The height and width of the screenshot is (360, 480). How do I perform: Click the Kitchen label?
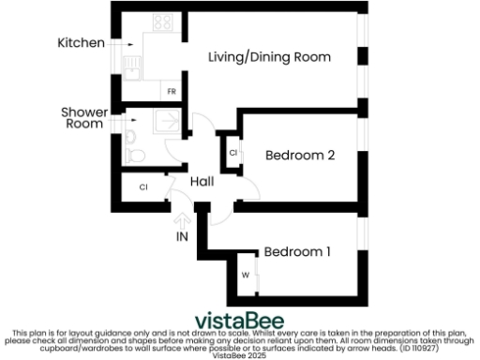coord(81,43)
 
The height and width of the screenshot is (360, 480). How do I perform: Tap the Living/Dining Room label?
coord(268,57)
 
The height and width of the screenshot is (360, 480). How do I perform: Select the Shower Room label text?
coord(84,117)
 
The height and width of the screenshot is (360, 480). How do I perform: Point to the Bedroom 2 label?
coord(300,156)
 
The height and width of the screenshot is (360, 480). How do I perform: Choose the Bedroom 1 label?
coord(297,251)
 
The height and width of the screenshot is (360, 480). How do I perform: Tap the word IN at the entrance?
coord(183,236)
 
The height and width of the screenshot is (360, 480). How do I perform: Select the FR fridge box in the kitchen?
coord(172,92)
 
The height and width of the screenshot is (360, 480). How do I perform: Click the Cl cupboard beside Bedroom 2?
coord(232,152)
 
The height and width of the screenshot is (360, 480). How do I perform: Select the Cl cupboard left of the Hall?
coord(143,187)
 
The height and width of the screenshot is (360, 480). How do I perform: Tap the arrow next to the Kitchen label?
coord(121,43)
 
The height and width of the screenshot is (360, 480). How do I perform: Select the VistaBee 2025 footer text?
coord(239,354)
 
